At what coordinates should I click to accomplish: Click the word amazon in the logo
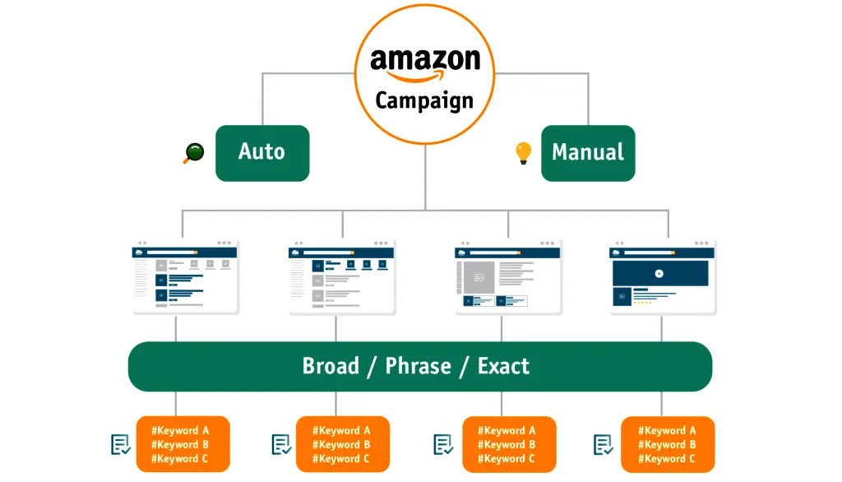coord(424,59)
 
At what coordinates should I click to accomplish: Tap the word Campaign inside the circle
coord(424,100)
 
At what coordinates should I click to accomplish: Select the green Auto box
coord(262,153)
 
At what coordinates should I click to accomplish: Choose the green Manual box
coord(588,153)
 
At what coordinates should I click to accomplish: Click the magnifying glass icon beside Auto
coord(192,153)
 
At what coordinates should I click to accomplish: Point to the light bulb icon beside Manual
coord(523,153)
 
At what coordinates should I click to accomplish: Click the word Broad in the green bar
coord(331,366)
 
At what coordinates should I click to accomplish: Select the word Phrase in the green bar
coord(419,366)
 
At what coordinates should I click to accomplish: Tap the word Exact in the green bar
coord(503,366)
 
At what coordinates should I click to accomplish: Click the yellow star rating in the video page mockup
coord(642,303)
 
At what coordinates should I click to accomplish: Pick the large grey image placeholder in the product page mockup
coord(479,276)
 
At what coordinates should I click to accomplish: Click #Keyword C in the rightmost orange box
coord(667,459)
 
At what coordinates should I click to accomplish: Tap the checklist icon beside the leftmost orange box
coord(121,445)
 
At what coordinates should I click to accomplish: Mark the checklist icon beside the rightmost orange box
coord(604,445)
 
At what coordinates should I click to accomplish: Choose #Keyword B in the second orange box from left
coord(341,445)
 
